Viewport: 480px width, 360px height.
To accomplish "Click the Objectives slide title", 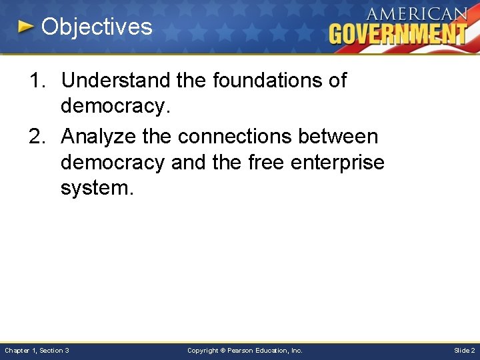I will (97, 27).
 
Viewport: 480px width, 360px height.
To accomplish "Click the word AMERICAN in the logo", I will (417, 13).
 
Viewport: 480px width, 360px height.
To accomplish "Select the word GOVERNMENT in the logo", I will (398, 33).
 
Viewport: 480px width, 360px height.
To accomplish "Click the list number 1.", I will (37, 81).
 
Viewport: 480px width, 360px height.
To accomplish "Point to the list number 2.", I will (37, 137).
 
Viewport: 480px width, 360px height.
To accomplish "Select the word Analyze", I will (98, 137).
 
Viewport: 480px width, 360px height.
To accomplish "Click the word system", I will (96, 188).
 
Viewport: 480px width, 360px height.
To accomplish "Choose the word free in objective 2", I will (256, 162).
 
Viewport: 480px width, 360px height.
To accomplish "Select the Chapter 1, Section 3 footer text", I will (37, 350).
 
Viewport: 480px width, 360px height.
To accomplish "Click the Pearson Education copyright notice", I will (245, 350).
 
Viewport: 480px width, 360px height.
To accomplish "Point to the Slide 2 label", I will (464, 350).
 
